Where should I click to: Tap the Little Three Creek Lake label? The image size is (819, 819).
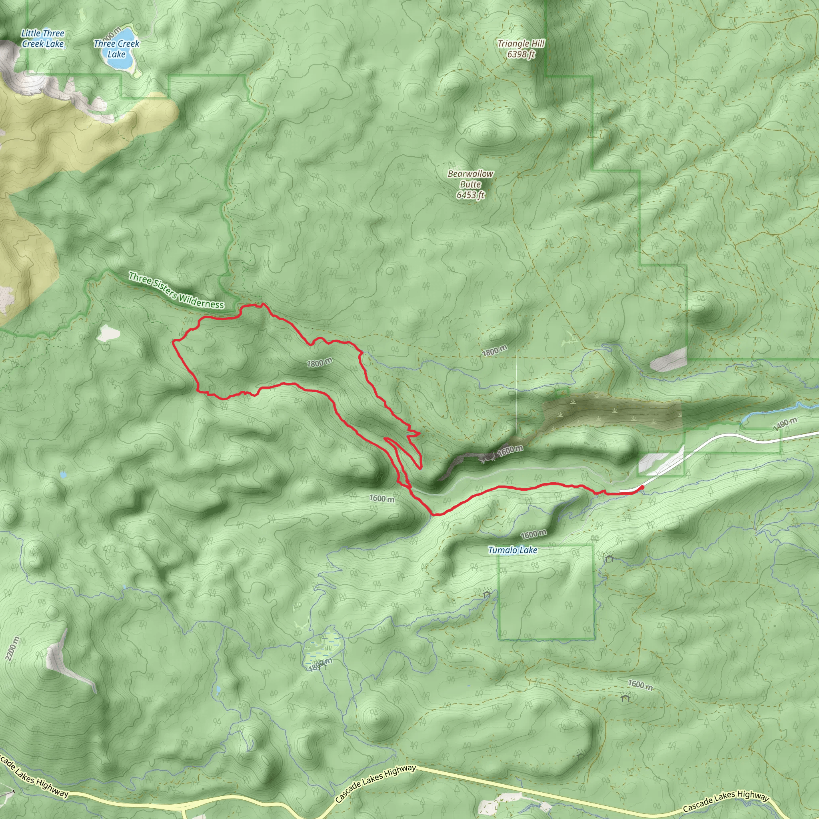click(x=43, y=38)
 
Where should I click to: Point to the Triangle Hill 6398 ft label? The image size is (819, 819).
click(x=521, y=49)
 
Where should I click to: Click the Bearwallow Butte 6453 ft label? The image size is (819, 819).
click(x=471, y=184)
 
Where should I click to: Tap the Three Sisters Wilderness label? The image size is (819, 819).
click(x=176, y=291)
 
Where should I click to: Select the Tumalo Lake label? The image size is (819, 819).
click(x=513, y=550)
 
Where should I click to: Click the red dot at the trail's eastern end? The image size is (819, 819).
click(x=642, y=487)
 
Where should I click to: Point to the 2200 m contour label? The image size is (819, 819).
click(x=13, y=649)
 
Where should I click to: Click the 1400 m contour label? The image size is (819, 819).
click(x=785, y=423)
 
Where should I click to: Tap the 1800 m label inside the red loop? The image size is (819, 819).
click(x=319, y=362)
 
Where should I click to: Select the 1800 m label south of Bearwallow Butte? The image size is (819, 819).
click(x=494, y=351)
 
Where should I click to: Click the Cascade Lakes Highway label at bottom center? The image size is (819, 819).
click(x=375, y=783)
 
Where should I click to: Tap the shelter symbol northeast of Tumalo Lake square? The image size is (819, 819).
click(x=609, y=558)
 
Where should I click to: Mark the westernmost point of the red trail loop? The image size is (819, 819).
click(x=173, y=341)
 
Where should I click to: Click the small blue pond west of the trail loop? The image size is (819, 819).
click(x=63, y=474)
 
